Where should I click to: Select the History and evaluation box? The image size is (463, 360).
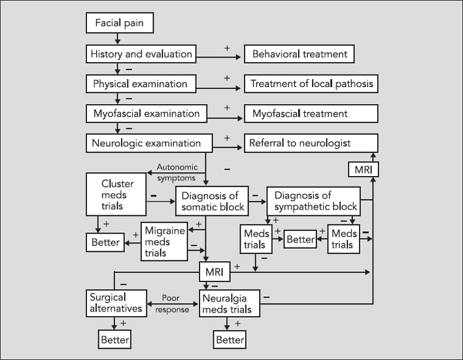pyautogui.click(x=141, y=54)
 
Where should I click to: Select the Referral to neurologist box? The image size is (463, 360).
pyautogui.click(x=311, y=143)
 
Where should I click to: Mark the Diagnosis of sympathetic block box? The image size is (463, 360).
pyautogui.click(x=313, y=202)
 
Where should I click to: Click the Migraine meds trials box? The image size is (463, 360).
pyautogui.click(x=164, y=242)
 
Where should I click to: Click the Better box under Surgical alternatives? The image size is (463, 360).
pyautogui.click(x=114, y=340)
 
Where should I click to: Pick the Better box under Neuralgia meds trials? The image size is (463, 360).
pyautogui.click(x=230, y=340)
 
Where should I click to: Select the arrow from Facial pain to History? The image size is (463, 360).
pyautogui.click(x=118, y=39)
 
